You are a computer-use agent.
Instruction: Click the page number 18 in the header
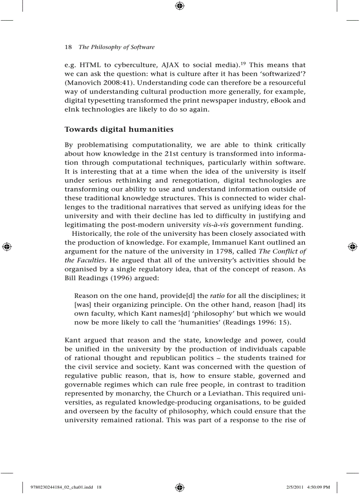tap(68, 47)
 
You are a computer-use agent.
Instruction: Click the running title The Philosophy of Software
tap(116, 47)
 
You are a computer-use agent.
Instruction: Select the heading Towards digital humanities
tap(119, 129)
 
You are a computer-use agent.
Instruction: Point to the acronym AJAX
tap(167, 65)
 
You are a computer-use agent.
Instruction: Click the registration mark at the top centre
tap(180, 6)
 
